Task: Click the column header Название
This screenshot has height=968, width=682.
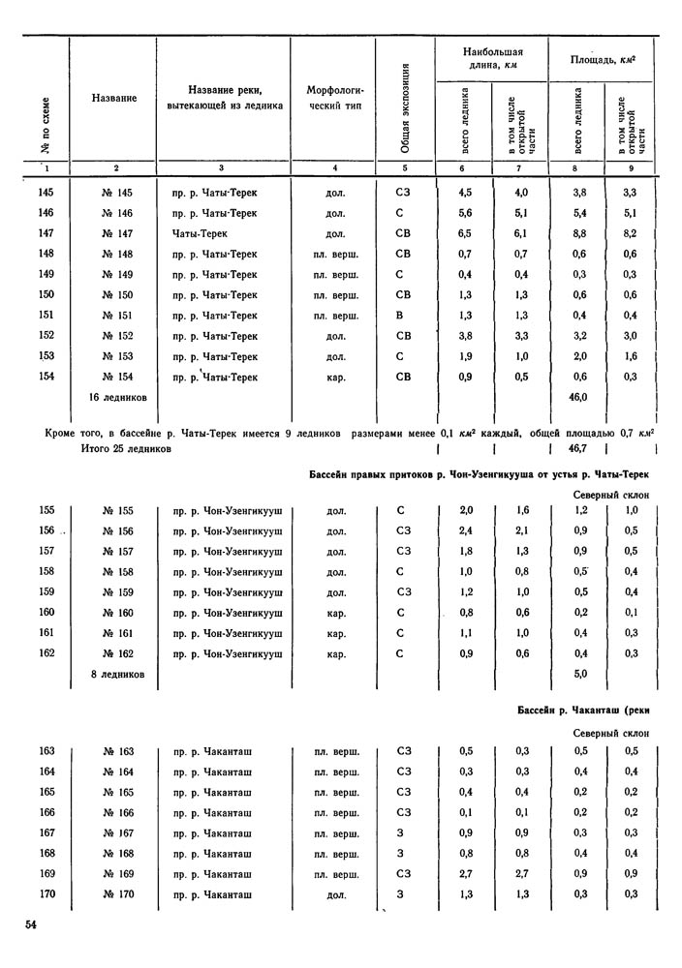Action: (x=114, y=99)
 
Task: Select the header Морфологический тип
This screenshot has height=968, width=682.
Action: (x=334, y=98)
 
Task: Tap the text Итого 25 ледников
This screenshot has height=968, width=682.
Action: (x=128, y=449)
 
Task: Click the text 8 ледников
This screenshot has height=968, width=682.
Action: (x=117, y=673)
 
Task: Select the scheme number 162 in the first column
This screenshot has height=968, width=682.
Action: (x=47, y=653)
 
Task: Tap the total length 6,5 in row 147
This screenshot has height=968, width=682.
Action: (x=466, y=234)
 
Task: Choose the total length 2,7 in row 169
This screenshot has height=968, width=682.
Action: (x=466, y=873)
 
